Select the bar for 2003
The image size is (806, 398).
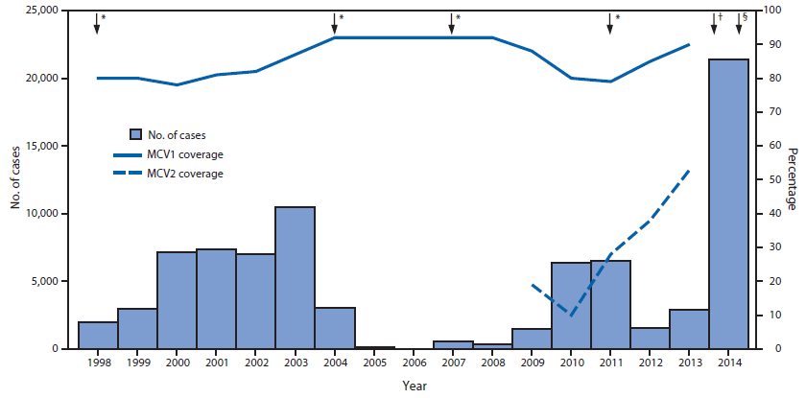(295, 277)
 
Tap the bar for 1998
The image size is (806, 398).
(98, 335)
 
